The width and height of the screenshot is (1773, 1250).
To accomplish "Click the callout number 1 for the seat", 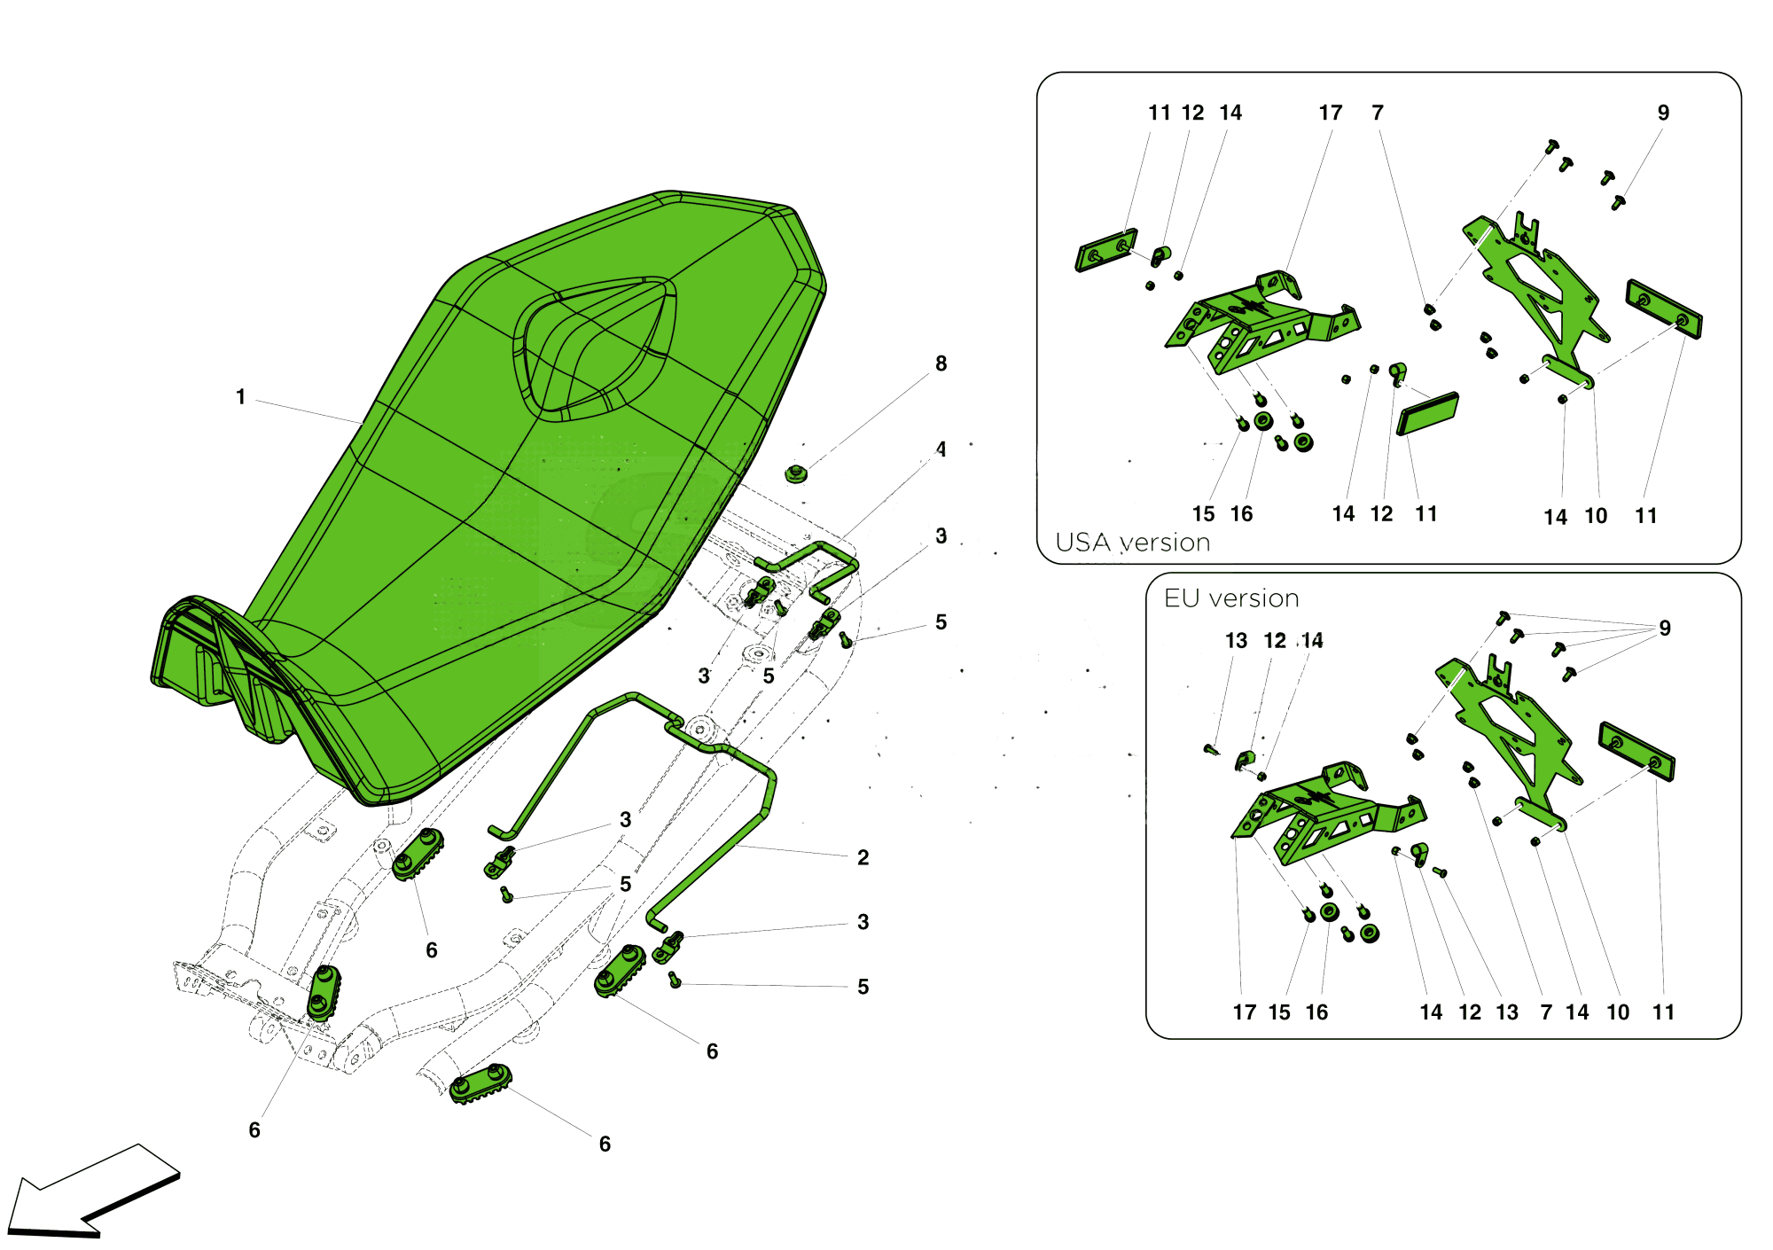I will coord(240,397).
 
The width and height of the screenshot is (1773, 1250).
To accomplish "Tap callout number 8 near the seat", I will coord(941,363).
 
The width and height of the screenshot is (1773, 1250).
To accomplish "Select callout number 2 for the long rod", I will coord(863,857).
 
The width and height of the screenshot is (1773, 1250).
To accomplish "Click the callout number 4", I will coord(941,449).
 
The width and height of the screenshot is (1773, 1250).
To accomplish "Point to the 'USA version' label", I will coord(1132,543).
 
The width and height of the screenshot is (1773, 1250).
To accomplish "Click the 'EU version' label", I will coord(1231,598).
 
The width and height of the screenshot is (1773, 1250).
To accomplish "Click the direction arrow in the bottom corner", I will coord(93,1192).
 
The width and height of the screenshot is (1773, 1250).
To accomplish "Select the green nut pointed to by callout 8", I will coord(797,473).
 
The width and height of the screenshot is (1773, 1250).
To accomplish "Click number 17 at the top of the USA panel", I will coord(1330,113).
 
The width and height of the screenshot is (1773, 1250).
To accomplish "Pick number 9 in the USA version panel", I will coord(1663,113).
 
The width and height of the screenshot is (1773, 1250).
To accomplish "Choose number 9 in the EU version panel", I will coord(1665,628).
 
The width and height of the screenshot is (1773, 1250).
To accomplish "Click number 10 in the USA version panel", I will coord(1596,516).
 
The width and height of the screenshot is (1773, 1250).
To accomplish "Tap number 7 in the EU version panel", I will coord(1546,1012).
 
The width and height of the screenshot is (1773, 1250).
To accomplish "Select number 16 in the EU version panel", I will coord(1316,1012).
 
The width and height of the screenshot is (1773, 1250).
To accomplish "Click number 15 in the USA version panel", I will coord(1203,514).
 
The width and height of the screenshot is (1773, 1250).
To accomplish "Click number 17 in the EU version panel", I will coord(1245,1012).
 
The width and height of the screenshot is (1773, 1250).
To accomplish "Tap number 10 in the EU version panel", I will coord(1618,1012).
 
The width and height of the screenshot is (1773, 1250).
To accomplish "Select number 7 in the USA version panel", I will coord(1378,113).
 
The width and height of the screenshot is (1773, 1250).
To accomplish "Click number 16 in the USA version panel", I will coord(1241,514).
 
